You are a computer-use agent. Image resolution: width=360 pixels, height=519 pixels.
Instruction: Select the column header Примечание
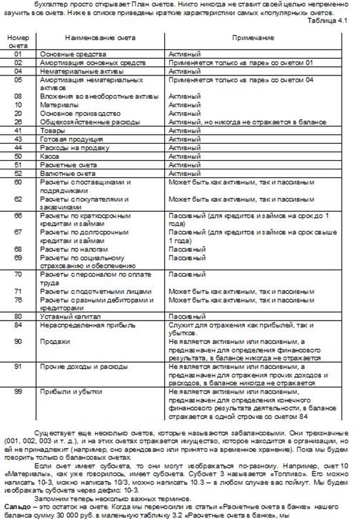[253, 38]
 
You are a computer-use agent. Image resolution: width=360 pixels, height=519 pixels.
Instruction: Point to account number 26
[18, 122]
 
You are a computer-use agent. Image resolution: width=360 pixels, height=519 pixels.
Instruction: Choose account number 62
[18, 199]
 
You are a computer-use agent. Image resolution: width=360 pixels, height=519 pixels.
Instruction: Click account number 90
[18, 341]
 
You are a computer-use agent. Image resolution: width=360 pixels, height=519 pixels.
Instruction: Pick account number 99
[18, 392]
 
